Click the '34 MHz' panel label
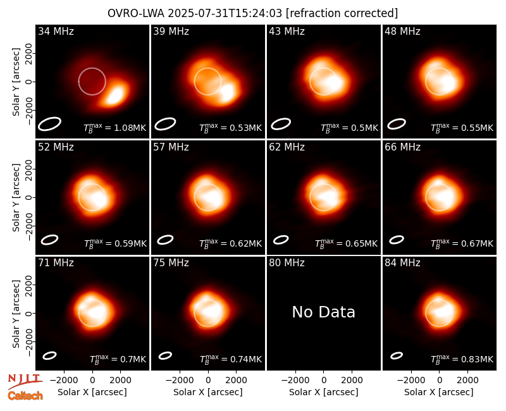(x=56, y=31)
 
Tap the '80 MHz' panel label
(x=287, y=263)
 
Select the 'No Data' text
(x=323, y=312)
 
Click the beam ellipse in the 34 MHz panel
(x=50, y=124)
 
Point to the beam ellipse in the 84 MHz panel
(x=397, y=355)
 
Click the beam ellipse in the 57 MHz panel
(x=165, y=240)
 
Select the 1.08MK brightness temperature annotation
(x=115, y=128)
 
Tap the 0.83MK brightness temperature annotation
(x=462, y=359)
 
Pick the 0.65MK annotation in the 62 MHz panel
(x=346, y=243)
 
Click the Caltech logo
(x=25, y=396)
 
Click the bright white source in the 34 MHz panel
(x=115, y=94)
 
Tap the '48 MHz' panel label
(x=402, y=31)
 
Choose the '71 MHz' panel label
(x=56, y=263)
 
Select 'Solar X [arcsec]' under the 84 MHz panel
(x=439, y=392)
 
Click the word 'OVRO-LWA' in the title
(x=136, y=13)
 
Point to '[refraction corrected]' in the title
(x=342, y=13)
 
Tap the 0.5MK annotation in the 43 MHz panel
(x=350, y=128)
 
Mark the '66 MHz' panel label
(x=402, y=147)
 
